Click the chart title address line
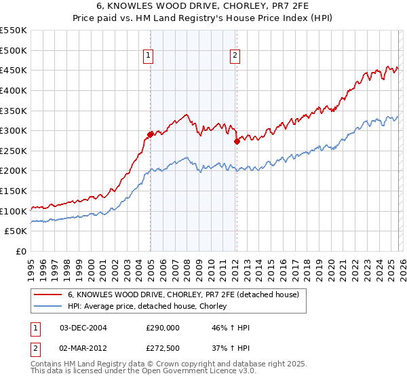[x=203, y=7]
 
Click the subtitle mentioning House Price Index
[x=203, y=20]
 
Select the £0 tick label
[x=20, y=251]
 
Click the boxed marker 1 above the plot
[x=149, y=56]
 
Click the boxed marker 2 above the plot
[x=235, y=56]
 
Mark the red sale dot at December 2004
[x=150, y=134]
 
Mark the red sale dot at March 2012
[x=237, y=142]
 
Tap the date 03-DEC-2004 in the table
[x=83, y=328]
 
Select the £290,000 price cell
[x=163, y=328]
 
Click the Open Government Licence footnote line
[x=143, y=372]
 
